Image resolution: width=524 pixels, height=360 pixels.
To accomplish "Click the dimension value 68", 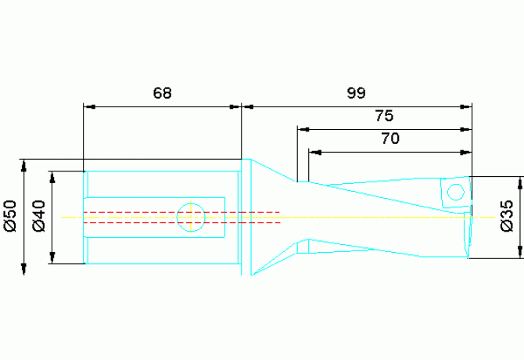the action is (163, 93).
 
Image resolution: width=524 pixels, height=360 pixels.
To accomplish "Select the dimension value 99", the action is (356, 93).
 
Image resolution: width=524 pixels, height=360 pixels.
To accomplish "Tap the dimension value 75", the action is (384, 116).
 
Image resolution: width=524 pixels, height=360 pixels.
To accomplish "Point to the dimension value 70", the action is (390, 139).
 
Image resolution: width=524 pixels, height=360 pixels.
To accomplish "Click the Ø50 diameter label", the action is (10, 216).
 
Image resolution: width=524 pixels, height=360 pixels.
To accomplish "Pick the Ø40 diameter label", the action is (39, 216).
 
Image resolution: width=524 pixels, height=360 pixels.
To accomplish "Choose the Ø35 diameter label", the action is (507, 216).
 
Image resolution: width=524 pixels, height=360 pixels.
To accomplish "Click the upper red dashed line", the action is (181, 212).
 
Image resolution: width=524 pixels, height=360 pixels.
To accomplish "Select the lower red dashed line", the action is (181, 222).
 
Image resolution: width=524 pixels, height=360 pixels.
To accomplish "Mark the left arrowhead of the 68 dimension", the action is (90, 106).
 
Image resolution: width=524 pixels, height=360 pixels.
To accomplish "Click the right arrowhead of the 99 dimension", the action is (466, 106).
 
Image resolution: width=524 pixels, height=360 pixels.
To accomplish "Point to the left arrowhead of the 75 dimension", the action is (303, 129).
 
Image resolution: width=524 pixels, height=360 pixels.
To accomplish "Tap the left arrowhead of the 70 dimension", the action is (315, 153).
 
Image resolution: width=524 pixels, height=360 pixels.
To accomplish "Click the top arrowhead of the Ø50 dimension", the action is (23, 166).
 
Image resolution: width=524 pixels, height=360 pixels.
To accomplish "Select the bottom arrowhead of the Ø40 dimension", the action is (52, 257).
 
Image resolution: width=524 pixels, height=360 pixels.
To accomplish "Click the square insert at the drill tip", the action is (456, 193).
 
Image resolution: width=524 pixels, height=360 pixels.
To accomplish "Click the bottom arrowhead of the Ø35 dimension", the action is (519, 252).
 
